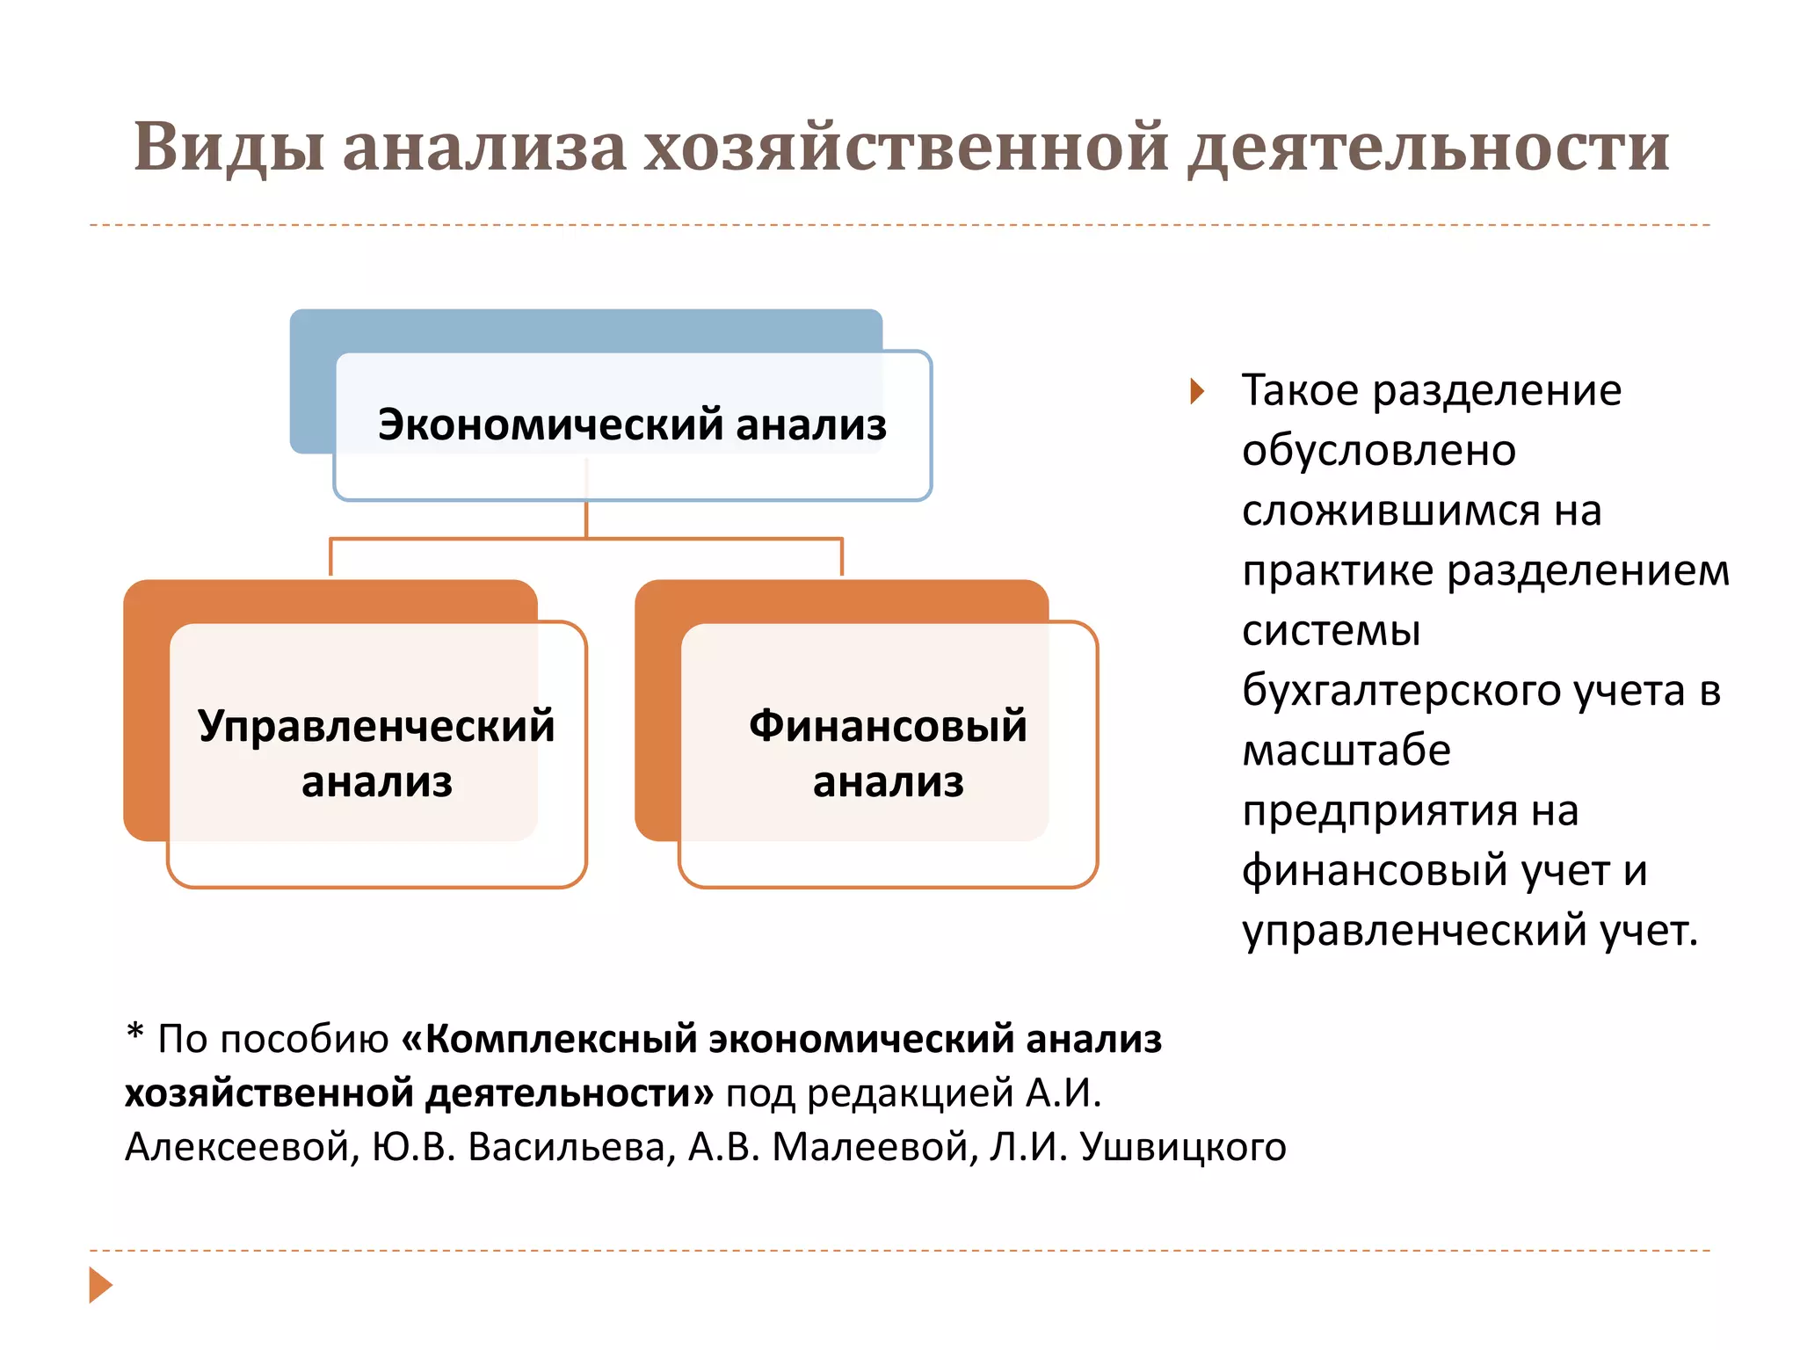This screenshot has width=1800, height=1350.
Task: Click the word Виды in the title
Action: [x=229, y=148]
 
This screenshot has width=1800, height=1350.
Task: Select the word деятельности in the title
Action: [x=1428, y=148]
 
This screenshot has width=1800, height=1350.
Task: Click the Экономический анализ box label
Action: [x=632, y=425]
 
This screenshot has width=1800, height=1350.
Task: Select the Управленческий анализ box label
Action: [x=376, y=753]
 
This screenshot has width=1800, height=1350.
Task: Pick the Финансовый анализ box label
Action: [x=888, y=753]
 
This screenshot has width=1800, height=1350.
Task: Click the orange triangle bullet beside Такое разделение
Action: [x=1196, y=391]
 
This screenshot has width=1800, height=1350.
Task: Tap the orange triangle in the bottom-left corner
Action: [x=100, y=1285]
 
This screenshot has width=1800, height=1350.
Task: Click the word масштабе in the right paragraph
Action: [x=1346, y=751]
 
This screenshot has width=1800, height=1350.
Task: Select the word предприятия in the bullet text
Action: [x=1378, y=810]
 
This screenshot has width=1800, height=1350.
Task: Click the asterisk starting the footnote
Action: [x=134, y=1032]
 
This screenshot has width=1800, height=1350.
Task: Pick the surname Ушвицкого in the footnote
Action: [x=1182, y=1147]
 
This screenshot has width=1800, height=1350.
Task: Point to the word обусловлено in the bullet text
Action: [x=1378, y=451]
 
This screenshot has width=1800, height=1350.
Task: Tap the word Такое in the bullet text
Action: [x=1300, y=391]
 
